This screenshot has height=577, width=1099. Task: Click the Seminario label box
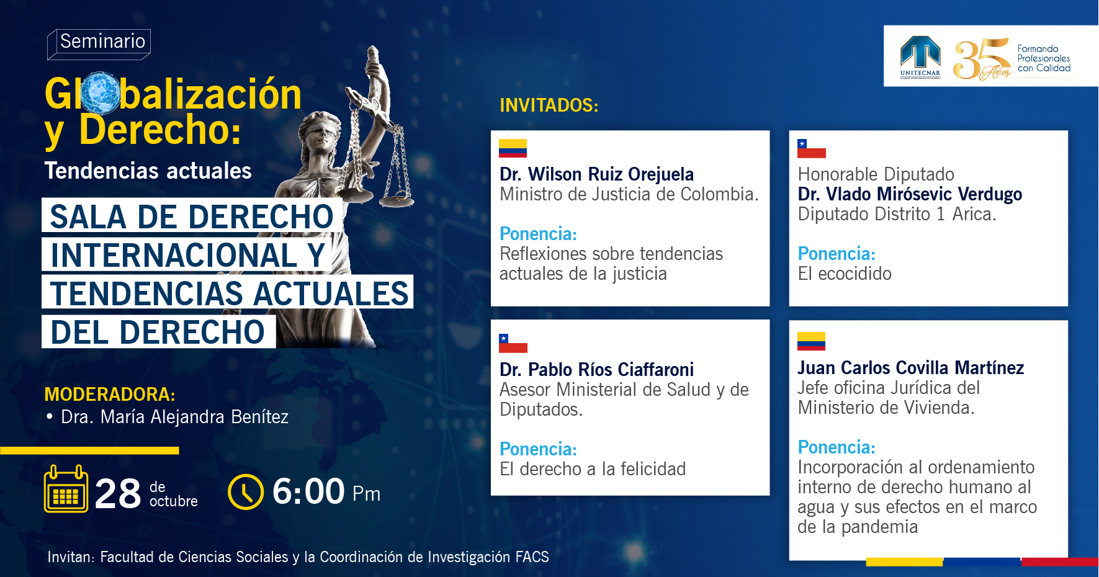pos(99,43)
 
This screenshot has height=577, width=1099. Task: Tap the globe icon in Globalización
pos(100,93)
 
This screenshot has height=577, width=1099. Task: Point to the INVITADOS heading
pos(549,105)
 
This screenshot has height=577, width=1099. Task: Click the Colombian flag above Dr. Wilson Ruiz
pos(513,148)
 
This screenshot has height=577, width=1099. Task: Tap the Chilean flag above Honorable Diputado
pos(812,148)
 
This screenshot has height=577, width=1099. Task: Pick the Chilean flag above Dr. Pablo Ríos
pos(513,343)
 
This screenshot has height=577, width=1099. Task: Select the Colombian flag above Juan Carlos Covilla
pos(812,341)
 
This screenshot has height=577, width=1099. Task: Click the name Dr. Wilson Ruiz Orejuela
pos(597,174)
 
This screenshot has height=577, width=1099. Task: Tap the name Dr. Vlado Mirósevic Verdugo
pos(910,194)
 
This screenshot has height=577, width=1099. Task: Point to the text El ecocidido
pos(845,274)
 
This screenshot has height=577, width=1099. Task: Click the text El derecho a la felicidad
pos(593,469)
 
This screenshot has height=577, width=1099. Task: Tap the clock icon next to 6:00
pos(246,492)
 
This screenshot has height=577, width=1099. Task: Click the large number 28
pos(118,494)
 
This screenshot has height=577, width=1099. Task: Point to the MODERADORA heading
pos(110,395)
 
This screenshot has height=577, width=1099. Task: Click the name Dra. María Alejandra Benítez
pos(174,417)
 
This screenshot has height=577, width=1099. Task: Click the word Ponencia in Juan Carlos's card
pos(837,447)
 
